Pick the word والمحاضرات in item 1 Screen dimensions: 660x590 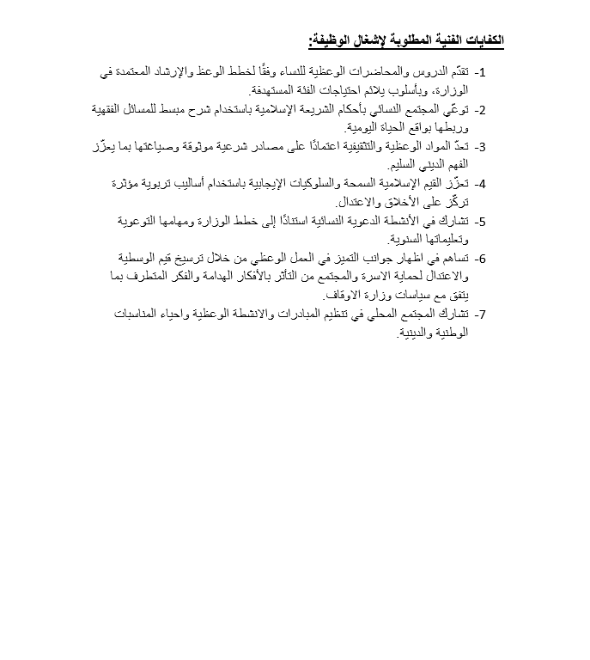(370, 73)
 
